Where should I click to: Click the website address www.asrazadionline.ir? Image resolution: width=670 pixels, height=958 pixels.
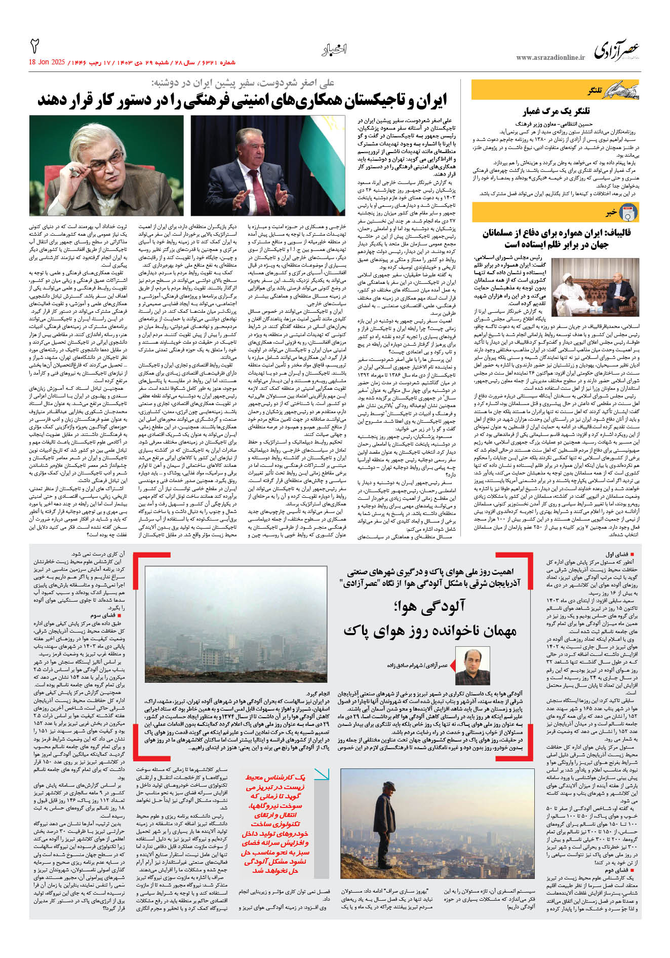[550, 58]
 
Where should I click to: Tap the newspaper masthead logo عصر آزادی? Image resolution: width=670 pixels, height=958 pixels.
[616, 51]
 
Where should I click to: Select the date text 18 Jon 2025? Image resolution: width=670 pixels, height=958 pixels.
[47, 62]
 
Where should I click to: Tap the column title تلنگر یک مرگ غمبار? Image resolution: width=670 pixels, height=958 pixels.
[557, 112]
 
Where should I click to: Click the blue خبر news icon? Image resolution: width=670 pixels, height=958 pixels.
[628, 212]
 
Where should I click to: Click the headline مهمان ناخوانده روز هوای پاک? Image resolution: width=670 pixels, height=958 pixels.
[429, 631]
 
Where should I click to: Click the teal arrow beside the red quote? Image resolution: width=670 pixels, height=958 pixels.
[321, 775]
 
